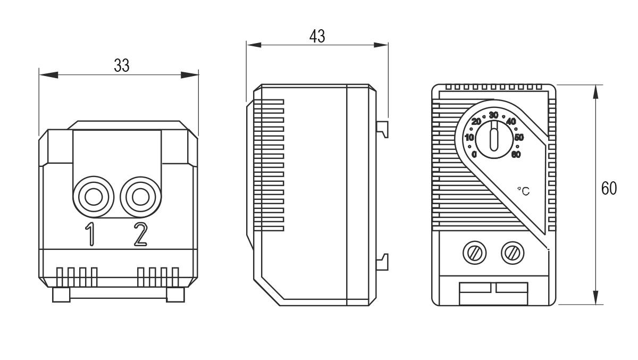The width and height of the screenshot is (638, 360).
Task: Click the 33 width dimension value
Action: (x=122, y=65)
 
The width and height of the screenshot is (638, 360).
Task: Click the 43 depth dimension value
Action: (x=317, y=37)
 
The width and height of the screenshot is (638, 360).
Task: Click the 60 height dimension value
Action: (x=609, y=188)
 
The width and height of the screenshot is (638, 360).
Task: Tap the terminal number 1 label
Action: (x=90, y=234)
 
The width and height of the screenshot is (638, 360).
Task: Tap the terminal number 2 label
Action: (x=141, y=234)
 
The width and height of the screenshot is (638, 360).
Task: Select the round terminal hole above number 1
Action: (x=94, y=197)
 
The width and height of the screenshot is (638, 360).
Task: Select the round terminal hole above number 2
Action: (x=141, y=197)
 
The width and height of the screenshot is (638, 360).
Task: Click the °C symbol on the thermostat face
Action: (x=524, y=191)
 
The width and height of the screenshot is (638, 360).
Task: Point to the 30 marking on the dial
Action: (x=493, y=115)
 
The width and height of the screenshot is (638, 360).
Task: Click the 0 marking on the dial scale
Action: (x=474, y=154)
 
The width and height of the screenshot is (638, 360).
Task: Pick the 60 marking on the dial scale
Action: (x=516, y=154)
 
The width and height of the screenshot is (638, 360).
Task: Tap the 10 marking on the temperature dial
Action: (x=469, y=138)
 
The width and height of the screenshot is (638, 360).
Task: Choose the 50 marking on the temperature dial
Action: (x=519, y=138)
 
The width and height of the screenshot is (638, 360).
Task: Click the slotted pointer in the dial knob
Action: (x=494, y=136)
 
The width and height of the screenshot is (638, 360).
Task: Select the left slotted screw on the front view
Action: (x=474, y=253)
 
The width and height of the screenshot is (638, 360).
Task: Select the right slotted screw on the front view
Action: (x=513, y=253)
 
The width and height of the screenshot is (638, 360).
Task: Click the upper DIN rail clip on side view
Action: (x=382, y=129)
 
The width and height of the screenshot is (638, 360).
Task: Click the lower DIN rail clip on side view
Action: (x=382, y=262)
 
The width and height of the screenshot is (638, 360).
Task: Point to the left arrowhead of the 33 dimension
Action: (x=49, y=75)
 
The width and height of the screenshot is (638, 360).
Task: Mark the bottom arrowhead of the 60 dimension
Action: (x=595, y=297)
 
